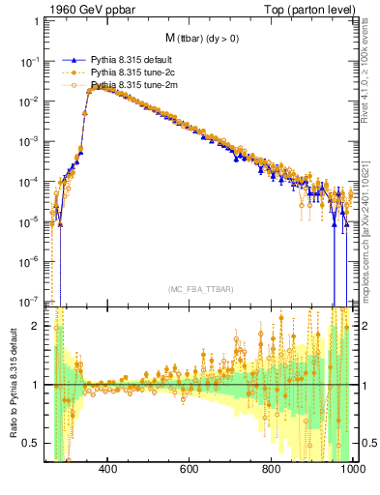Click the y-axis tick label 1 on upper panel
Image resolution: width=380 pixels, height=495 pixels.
pos(36,21)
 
